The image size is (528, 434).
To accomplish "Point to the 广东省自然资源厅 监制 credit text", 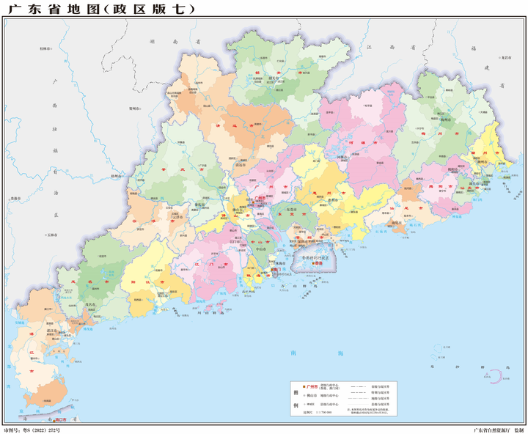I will click(x=498, y=429).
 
